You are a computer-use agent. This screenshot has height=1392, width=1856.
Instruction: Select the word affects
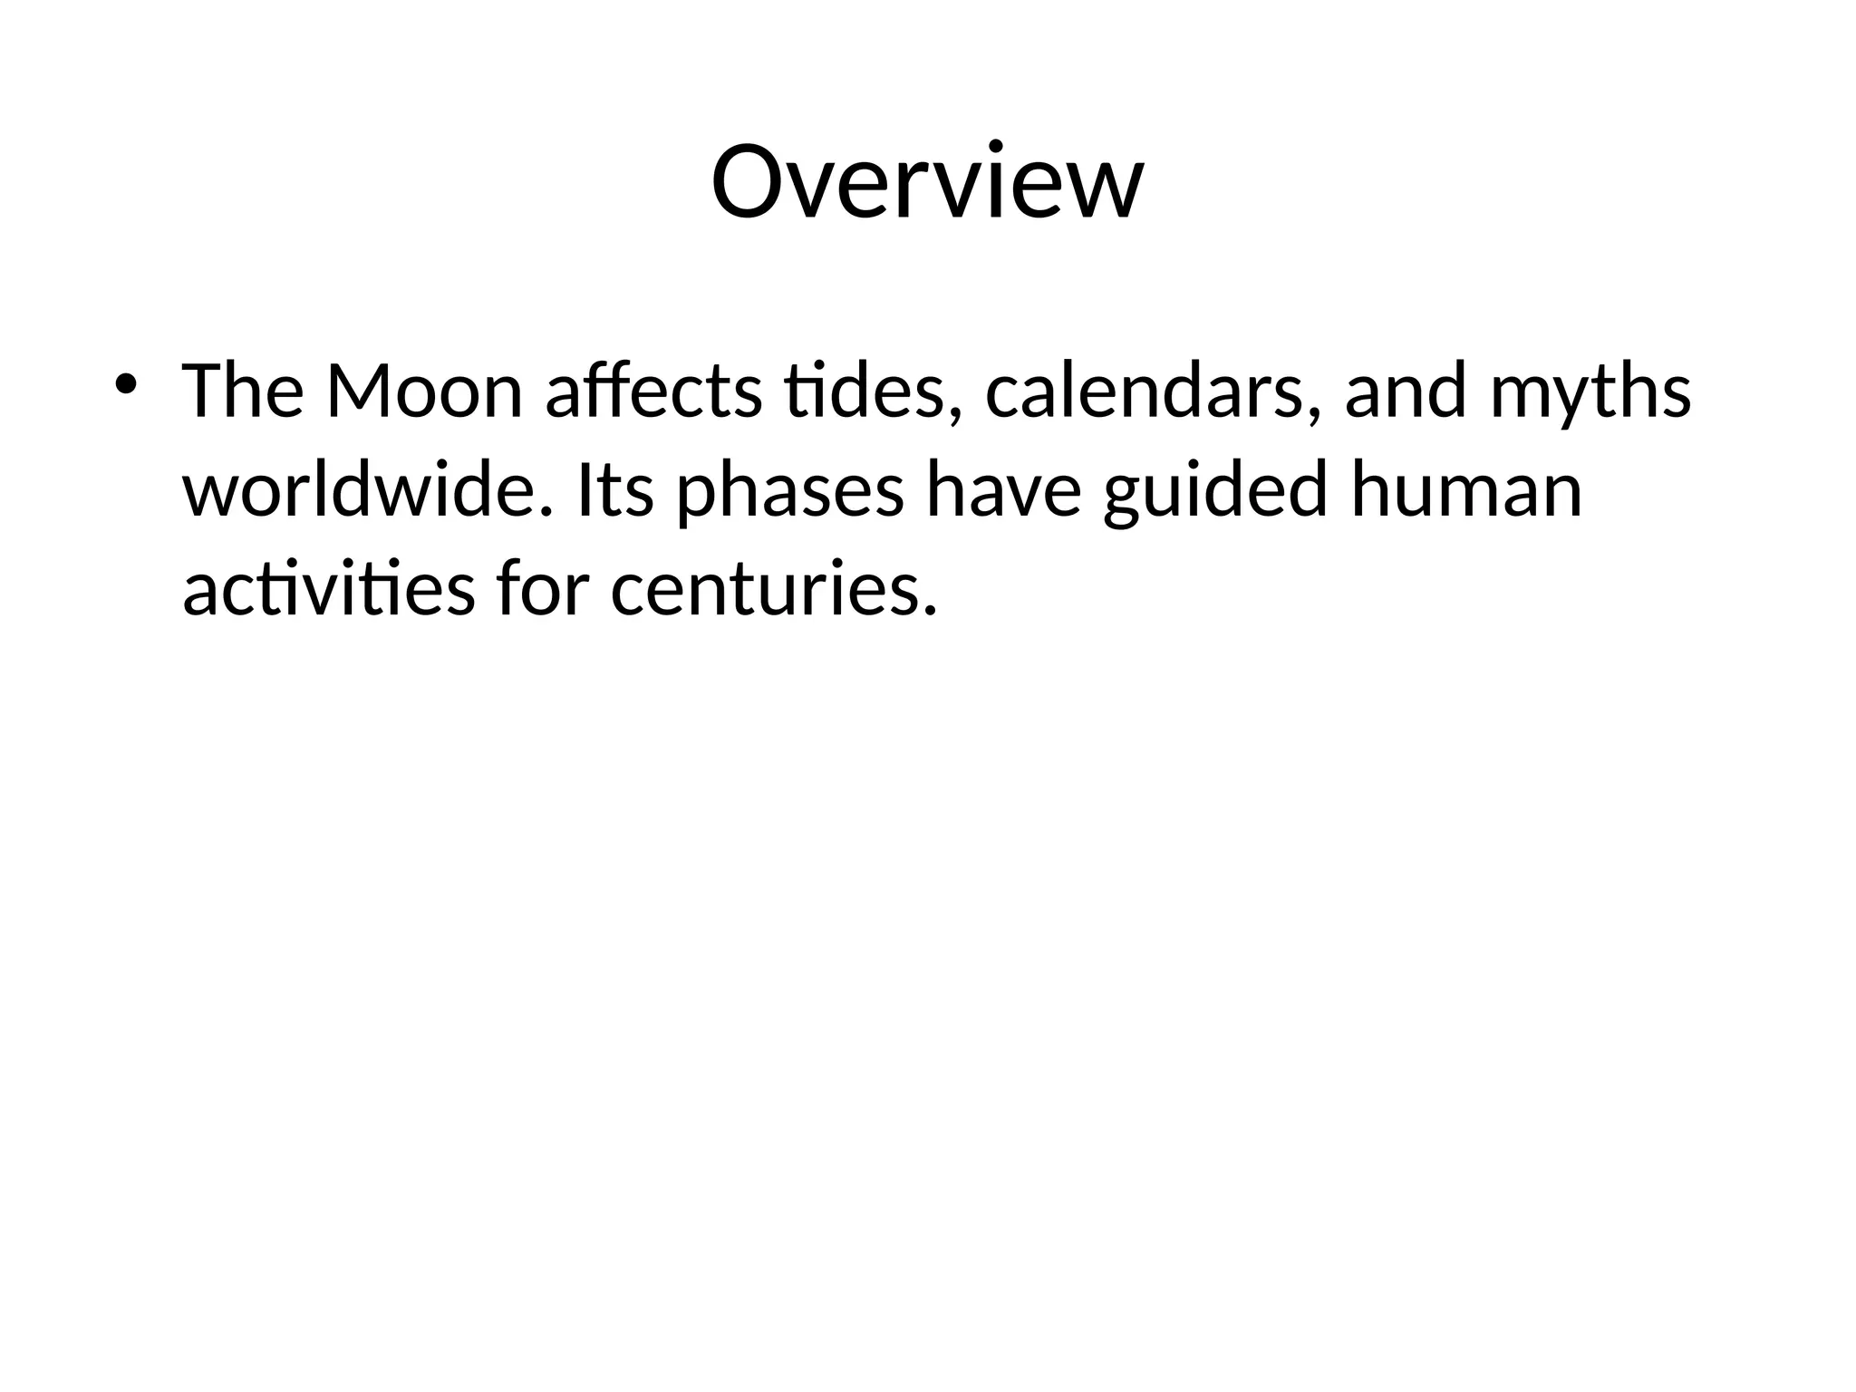(653, 392)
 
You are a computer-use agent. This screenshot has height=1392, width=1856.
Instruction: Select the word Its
(614, 490)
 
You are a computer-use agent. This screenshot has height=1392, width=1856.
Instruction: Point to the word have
(1003, 490)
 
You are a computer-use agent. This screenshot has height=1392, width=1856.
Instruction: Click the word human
(1465, 490)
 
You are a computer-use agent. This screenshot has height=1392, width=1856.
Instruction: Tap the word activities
(328, 589)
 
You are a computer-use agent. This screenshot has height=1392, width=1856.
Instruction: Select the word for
(541, 589)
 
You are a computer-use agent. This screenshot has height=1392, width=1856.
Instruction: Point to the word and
(1405, 392)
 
